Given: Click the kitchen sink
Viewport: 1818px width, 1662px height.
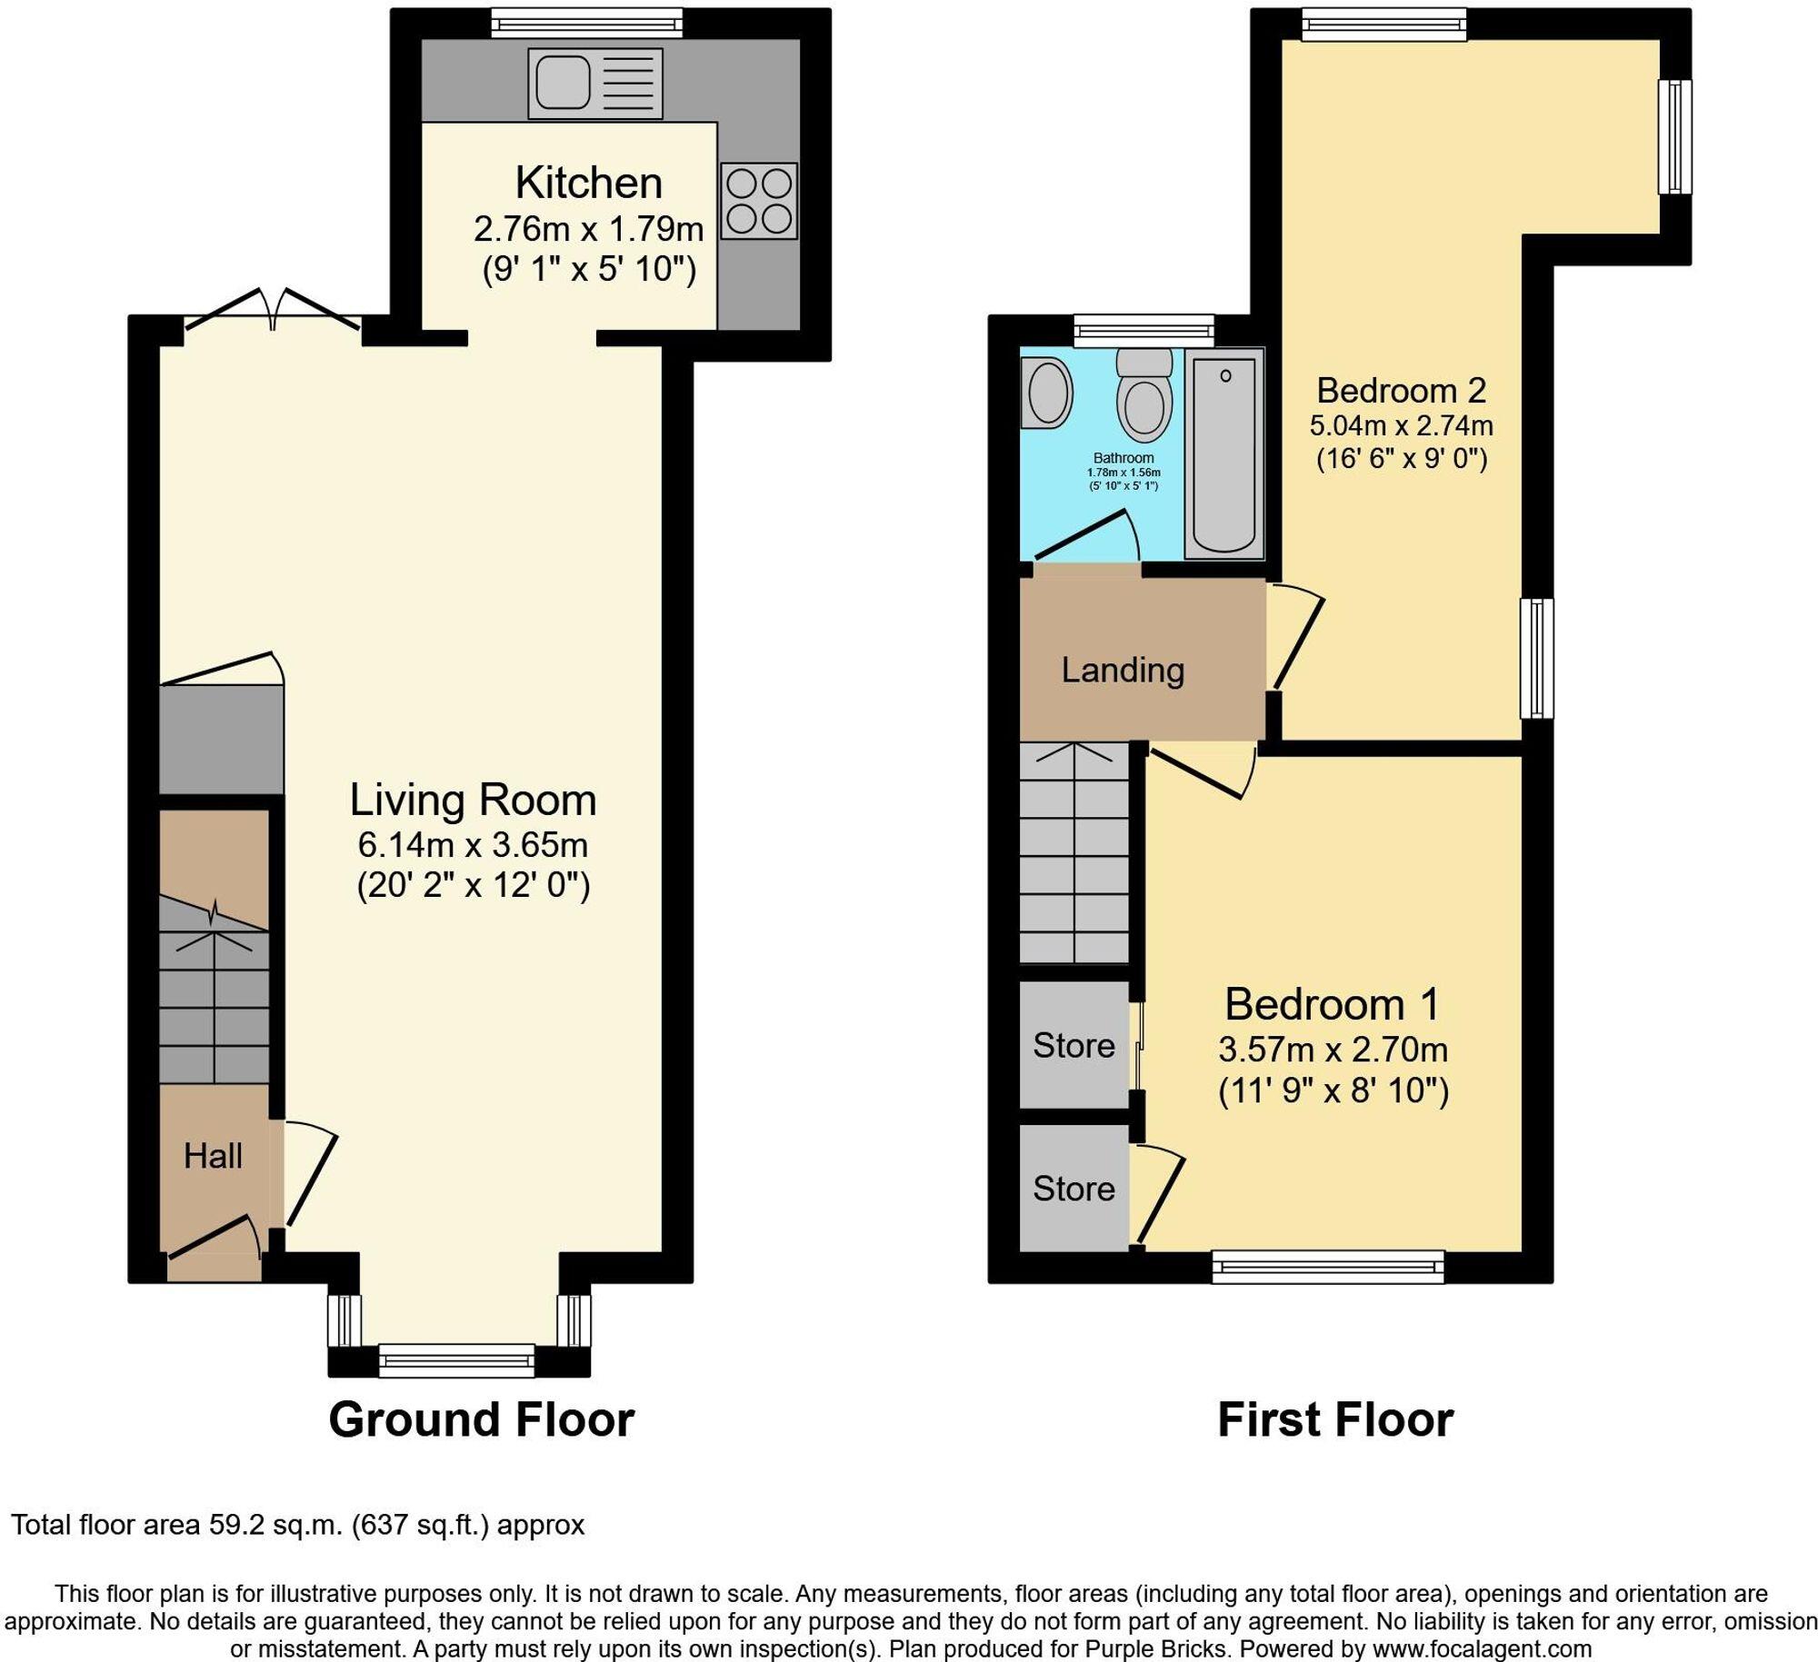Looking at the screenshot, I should pos(595,84).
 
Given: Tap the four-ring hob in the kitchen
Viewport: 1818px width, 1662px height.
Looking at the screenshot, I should pos(759,201).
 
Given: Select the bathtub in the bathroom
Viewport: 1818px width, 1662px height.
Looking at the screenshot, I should pos(1224,453).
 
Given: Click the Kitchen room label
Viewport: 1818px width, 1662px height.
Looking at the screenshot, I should pos(588,183).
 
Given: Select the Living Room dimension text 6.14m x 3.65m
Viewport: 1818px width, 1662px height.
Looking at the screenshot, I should pos(473,845).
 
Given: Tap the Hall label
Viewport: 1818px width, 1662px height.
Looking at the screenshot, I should pos(213,1156).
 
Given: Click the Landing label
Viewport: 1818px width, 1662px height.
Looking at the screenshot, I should pos(1123,671).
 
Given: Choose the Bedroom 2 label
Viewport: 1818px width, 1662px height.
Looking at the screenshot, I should pos(1401,391).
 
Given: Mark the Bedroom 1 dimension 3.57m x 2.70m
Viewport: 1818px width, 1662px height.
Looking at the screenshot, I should pos(1333,1050).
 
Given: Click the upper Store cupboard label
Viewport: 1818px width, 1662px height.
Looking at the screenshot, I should pos(1074,1045).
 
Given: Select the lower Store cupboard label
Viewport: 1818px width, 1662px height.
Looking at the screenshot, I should pos(1074,1189).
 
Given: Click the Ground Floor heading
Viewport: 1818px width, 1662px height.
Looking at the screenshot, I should pos(481,1419).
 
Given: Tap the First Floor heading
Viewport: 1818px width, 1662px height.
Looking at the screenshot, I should pos(1334,1419).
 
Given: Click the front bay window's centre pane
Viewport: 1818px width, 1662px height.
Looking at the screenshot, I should pos(456,1360).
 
